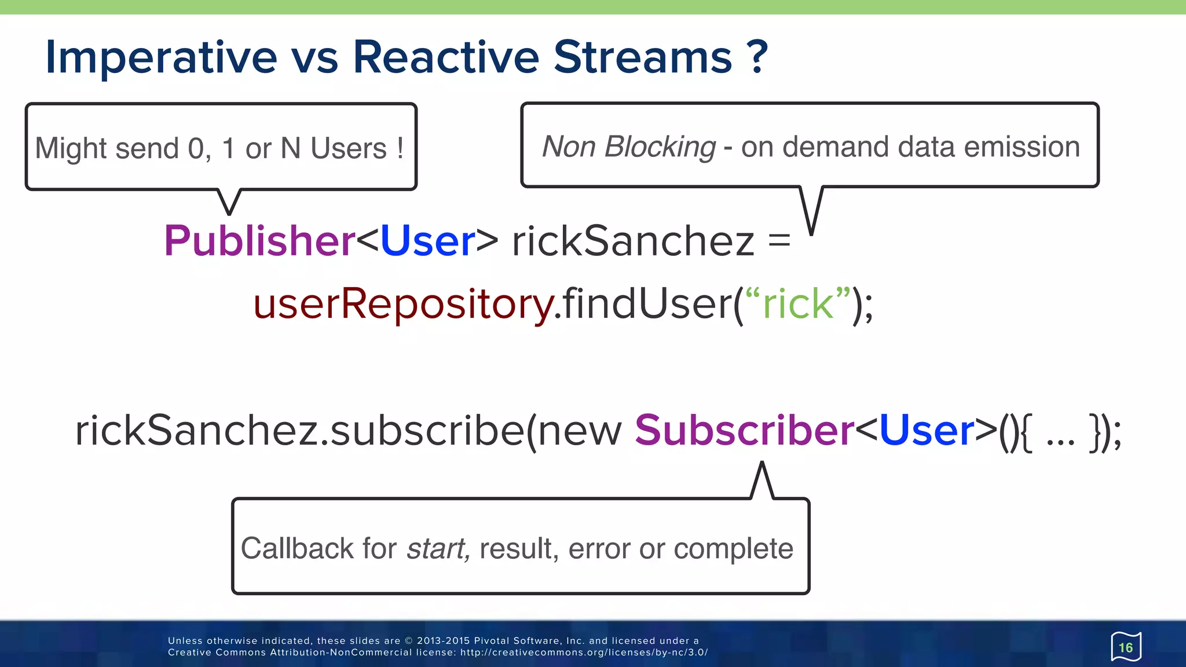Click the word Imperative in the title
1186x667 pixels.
[162, 58]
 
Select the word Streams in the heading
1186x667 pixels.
[643, 57]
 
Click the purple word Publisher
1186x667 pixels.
[259, 241]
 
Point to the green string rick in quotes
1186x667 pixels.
[798, 304]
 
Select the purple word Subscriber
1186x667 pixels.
[745, 431]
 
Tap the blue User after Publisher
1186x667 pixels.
[428, 241]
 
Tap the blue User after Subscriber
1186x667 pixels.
[927, 431]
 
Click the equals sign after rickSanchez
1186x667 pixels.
[779, 240]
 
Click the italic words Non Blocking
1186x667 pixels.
[629, 146]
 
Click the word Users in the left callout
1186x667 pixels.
[349, 148]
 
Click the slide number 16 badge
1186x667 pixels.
[1126, 647]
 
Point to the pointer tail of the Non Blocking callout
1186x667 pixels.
[811, 214]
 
